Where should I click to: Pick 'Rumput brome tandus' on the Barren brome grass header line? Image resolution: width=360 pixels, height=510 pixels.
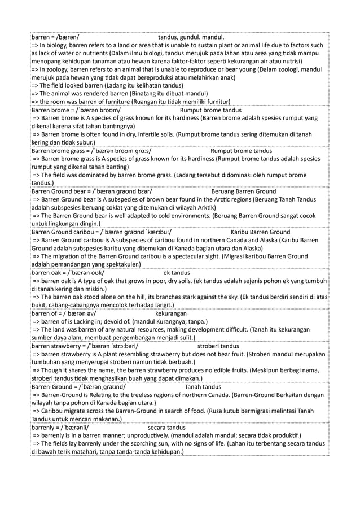pyautogui.click(x=241, y=151)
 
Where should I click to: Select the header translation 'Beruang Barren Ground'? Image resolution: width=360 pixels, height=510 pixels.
pyautogui.click(x=243, y=191)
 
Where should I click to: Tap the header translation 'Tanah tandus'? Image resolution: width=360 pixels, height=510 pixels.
pyautogui.click(x=203, y=386)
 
